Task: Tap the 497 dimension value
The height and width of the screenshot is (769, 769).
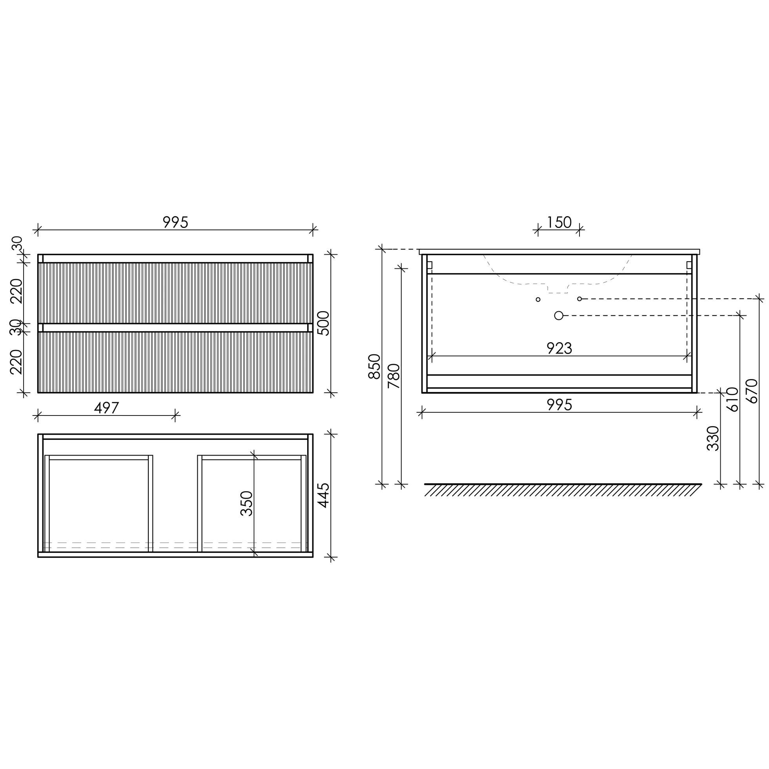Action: point(107,408)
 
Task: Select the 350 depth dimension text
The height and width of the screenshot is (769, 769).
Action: point(247,503)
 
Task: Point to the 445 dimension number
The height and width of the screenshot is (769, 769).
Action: point(324,495)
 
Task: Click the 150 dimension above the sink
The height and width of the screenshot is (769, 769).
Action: point(559,222)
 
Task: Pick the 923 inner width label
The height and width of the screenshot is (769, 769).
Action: point(559,348)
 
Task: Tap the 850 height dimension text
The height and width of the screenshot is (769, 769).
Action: point(375,366)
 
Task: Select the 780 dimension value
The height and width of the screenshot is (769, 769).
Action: point(394,376)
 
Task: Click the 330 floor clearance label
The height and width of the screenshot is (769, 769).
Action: point(713,438)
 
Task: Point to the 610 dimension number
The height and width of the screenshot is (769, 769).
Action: point(733,399)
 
